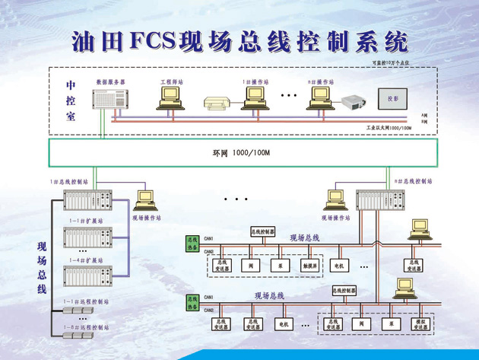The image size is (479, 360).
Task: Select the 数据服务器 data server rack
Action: [x=107, y=100]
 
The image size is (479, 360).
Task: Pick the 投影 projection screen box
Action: [x=392, y=99]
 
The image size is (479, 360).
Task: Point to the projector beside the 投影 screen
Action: [x=353, y=101]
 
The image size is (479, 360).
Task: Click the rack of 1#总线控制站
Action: [x=87, y=199]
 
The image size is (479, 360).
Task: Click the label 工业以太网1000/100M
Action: [x=389, y=128]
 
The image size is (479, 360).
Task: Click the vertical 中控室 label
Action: [x=71, y=100]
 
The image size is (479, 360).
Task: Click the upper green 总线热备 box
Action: [x=192, y=243]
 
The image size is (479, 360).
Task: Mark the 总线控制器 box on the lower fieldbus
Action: [x=344, y=290]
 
